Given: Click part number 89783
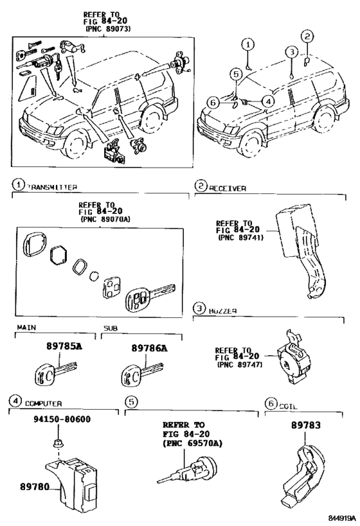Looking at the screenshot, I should [307, 426].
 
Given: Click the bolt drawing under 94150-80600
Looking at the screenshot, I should [55, 443].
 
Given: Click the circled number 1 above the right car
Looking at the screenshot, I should [248, 44].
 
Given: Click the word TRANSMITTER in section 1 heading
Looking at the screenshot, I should [52, 187].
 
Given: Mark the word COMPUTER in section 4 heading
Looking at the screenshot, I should [43, 403].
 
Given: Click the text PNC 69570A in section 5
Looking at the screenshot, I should [193, 443].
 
